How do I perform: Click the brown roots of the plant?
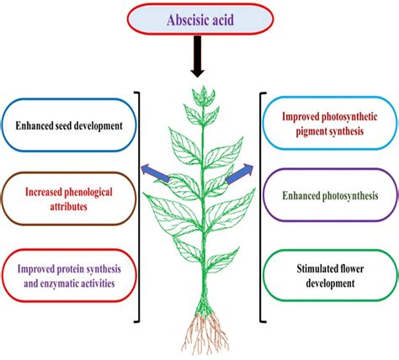tap(202, 332)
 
